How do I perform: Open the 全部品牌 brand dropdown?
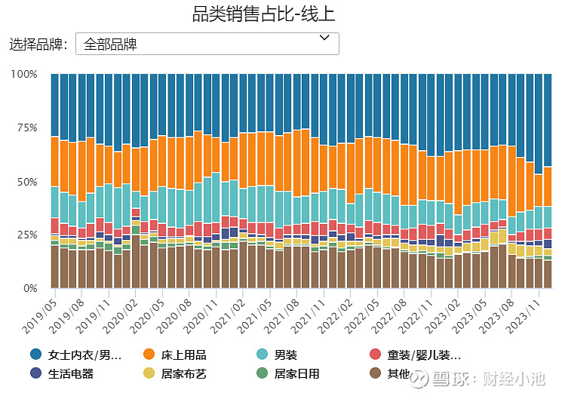pyautogui.click(x=207, y=44)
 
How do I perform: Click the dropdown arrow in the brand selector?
pyautogui.click(x=325, y=37)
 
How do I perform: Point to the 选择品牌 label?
pyautogui.click(x=38, y=44)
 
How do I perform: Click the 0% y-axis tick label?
pyautogui.click(x=29, y=288)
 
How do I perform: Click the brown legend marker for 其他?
pyautogui.click(x=374, y=373)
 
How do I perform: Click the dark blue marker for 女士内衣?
pyautogui.click(x=36, y=355)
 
